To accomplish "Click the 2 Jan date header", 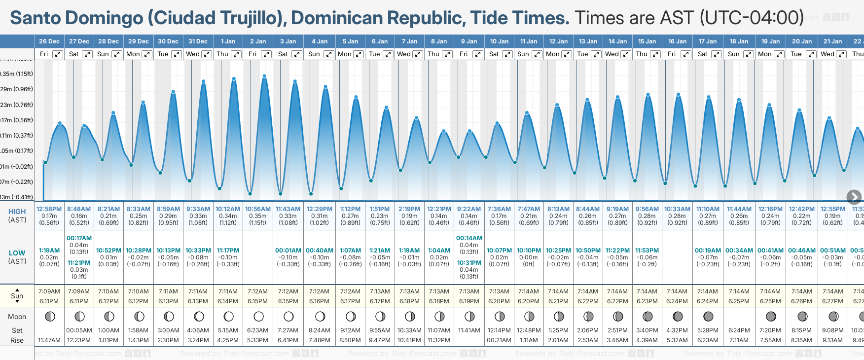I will click(x=258, y=41).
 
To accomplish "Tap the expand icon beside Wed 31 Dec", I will click(x=207, y=54).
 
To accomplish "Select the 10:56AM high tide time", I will click(x=258, y=209).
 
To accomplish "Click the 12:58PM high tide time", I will click(x=49, y=209).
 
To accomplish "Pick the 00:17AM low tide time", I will click(x=79, y=238).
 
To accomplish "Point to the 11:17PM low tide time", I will click(x=228, y=251).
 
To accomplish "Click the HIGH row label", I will click(x=17, y=212).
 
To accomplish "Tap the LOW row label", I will click(x=17, y=253).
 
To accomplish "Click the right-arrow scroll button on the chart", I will click(x=854, y=197).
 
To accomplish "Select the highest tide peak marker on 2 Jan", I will click(x=264, y=76).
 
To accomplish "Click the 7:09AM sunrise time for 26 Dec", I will click(x=49, y=291).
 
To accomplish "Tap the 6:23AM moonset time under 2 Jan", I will click(x=258, y=330).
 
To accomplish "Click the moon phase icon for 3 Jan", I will click(x=288, y=316).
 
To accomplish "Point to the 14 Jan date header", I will click(x=617, y=41).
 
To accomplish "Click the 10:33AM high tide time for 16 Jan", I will click(x=677, y=209).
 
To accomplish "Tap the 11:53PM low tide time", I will click(x=647, y=251).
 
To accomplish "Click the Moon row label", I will click(x=17, y=317).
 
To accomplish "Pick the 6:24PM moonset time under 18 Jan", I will click(x=739, y=330).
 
